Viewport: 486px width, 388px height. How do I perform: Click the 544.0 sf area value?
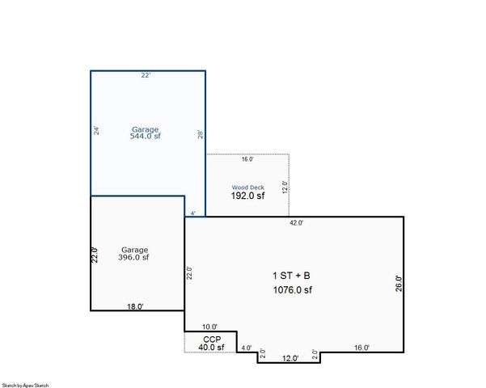(146, 137)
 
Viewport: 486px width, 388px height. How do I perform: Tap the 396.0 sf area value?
(134, 258)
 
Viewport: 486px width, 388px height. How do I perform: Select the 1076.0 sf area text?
(292, 289)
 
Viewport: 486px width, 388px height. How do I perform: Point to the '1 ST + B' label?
(290, 276)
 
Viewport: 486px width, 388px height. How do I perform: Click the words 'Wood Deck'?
(247, 188)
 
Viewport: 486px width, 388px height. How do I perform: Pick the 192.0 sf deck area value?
(247, 196)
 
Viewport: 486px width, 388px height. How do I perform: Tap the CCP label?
(211, 339)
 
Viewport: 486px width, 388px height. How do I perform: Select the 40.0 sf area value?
(211, 348)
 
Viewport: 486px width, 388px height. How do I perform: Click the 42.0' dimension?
(297, 222)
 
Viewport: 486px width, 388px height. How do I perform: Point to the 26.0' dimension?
(398, 284)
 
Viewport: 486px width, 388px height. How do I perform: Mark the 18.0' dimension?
(136, 306)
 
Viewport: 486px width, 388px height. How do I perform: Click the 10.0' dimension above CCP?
(209, 327)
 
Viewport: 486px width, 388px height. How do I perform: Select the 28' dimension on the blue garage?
(201, 135)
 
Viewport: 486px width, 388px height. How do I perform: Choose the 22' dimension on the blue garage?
(146, 75)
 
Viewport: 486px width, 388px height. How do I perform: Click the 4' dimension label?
(192, 213)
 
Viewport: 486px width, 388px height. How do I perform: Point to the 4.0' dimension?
(247, 348)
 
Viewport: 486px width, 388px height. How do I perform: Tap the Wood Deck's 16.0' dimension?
(247, 159)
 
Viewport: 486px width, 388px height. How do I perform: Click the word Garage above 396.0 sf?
(134, 249)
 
